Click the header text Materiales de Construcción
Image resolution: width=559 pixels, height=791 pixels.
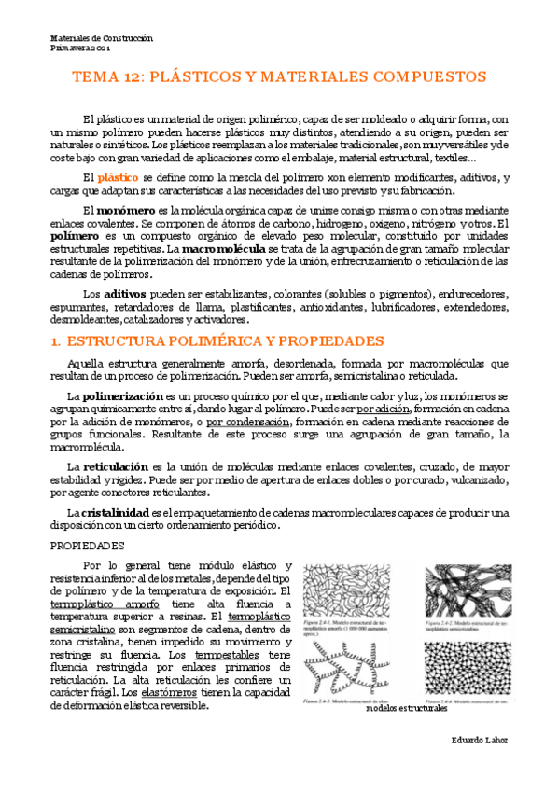click(101, 38)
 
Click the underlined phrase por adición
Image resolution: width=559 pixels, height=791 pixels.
click(384, 409)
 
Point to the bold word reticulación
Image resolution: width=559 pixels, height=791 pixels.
click(115, 465)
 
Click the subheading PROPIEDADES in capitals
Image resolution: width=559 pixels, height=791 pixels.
click(87, 546)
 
